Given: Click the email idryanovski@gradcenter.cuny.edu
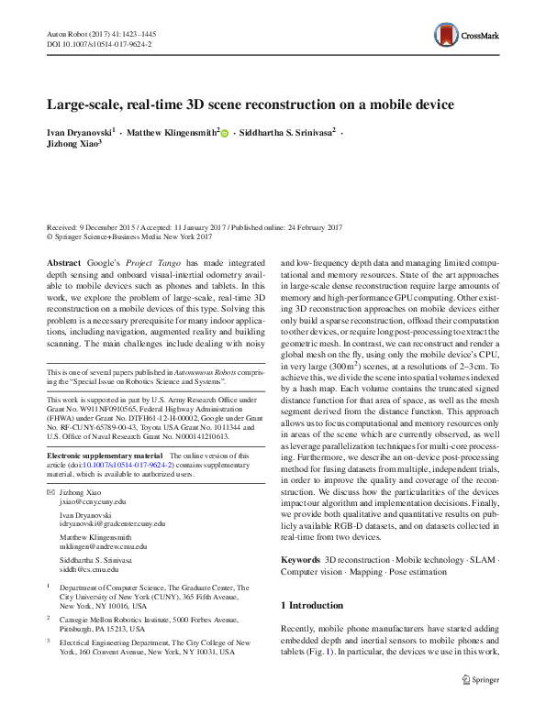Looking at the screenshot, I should [x=112, y=523].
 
